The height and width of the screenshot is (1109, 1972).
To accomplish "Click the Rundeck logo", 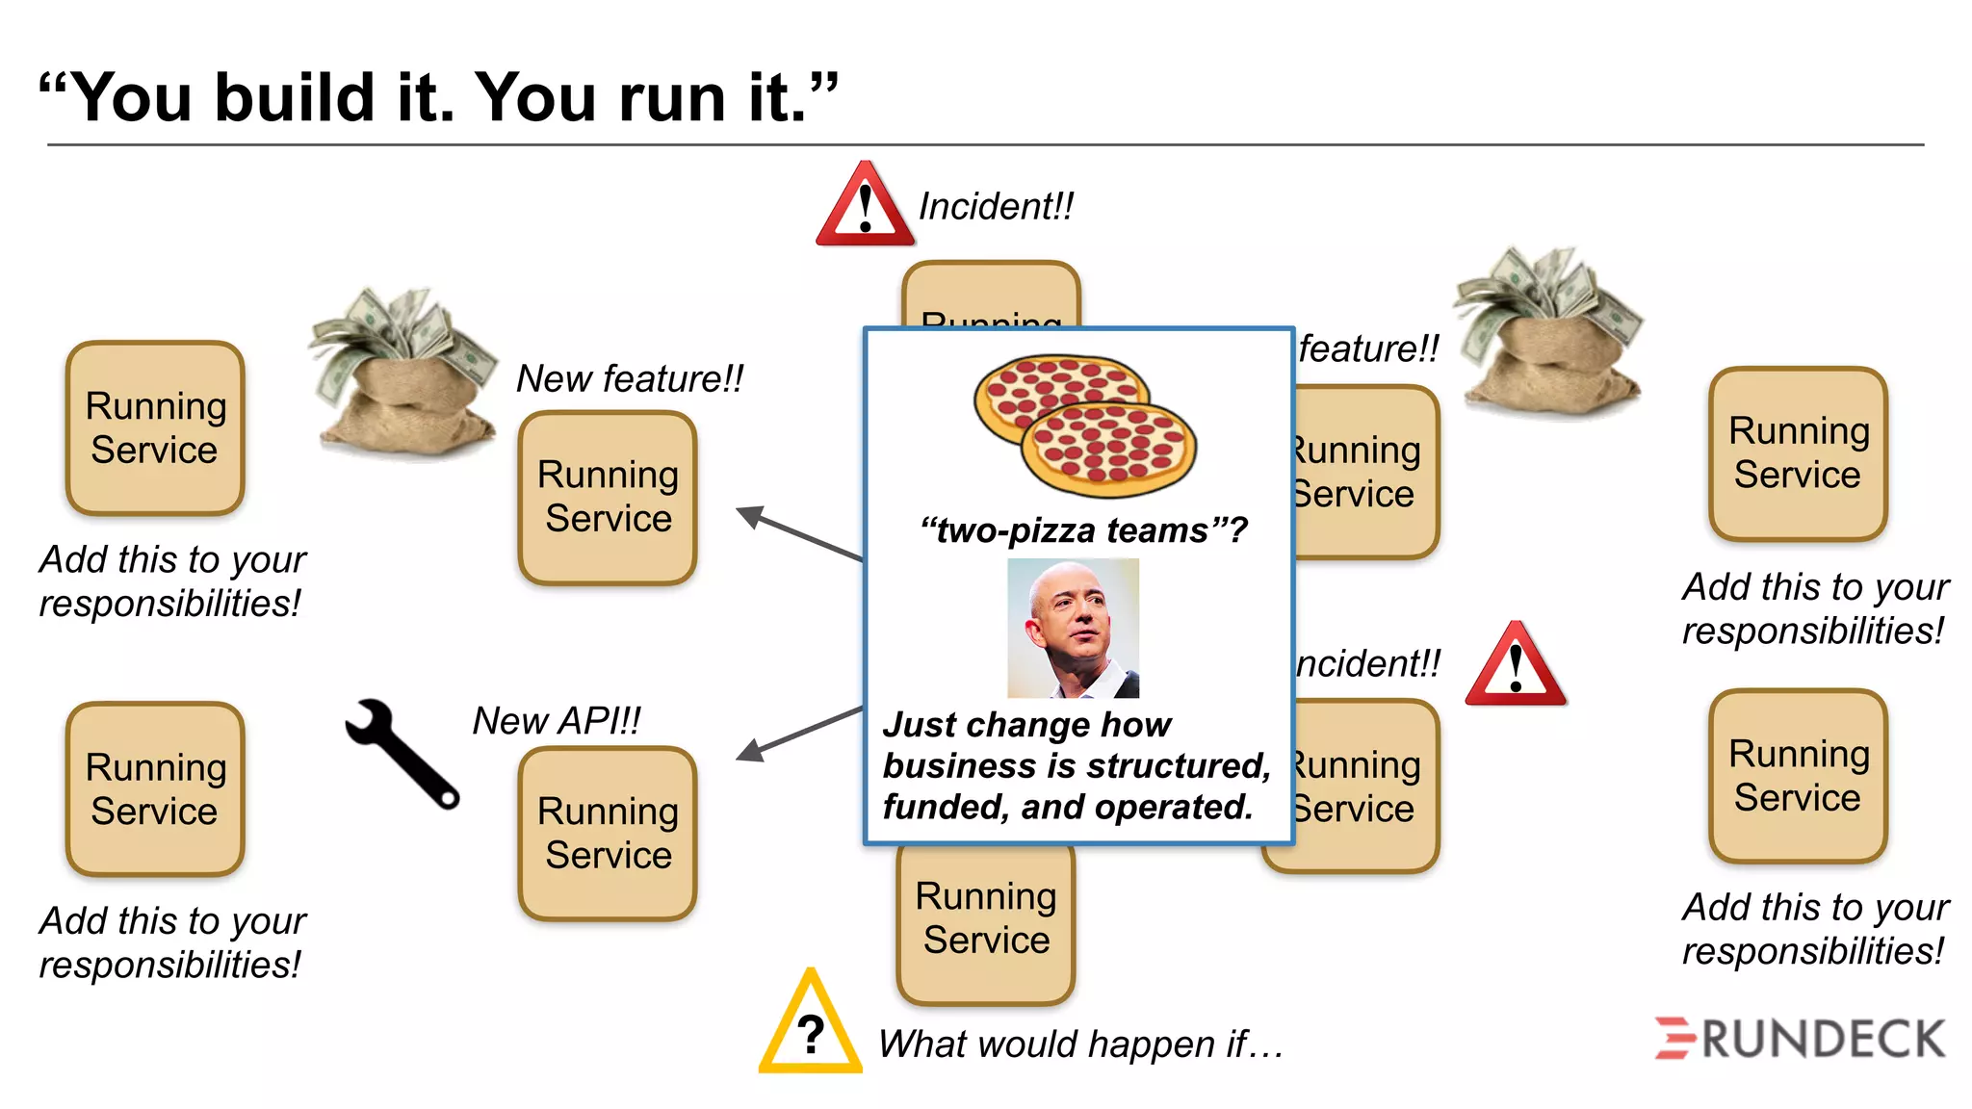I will click(1799, 1039).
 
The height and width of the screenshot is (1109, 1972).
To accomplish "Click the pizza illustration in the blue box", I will click(1084, 425).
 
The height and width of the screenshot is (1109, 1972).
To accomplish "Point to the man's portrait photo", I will click(1073, 628).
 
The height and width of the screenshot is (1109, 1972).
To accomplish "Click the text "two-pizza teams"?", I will click(1083, 529).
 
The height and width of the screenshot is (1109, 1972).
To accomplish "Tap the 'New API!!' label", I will click(557, 720).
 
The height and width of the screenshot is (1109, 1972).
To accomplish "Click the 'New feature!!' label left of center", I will click(630, 378).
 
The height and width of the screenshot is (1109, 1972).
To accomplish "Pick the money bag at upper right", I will click(1548, 332).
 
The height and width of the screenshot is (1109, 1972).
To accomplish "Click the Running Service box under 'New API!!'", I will click(608, 833).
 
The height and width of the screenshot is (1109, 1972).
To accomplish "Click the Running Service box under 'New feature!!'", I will click(608, 497).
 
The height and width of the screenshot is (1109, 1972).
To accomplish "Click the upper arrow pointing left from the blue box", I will click(798, 532).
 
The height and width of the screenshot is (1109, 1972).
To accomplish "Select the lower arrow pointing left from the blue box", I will click(798, 735).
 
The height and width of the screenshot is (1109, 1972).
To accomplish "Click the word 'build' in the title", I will click(294, 98).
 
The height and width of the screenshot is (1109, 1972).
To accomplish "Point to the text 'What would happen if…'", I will click(1080, 1044).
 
